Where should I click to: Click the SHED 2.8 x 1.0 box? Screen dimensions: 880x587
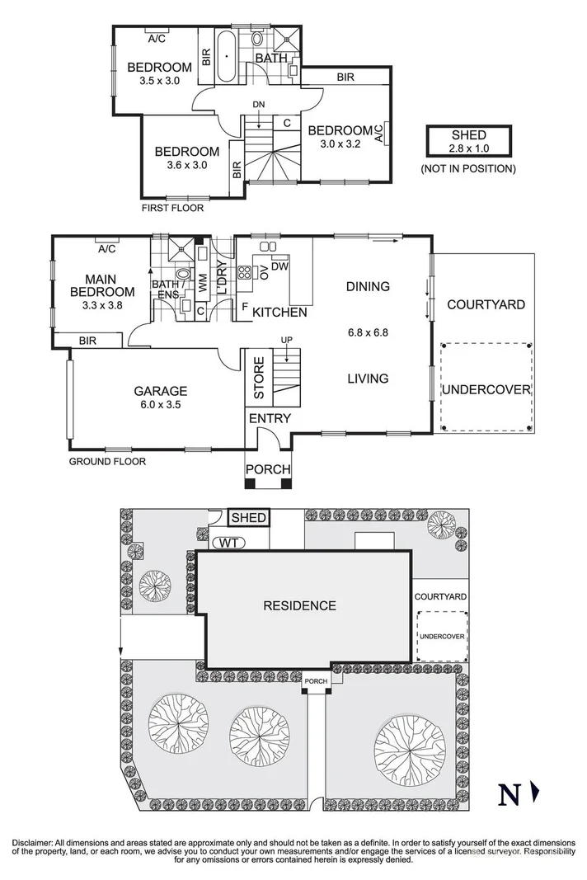[468, 141]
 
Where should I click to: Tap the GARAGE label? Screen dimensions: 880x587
[161, 392]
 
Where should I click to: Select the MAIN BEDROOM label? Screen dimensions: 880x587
[102, 285]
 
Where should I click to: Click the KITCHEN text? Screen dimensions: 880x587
[279, 313]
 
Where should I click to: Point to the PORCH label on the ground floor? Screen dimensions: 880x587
[269, 470]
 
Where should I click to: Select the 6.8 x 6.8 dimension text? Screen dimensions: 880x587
[368, 334]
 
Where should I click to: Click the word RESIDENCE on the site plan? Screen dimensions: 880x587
[299, 605]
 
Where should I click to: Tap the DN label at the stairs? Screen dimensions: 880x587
[258, 104]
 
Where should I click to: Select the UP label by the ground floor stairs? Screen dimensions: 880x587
[286, 340]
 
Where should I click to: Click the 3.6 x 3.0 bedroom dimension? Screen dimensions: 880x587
[186, 165]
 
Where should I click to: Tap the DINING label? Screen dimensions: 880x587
[367, 287]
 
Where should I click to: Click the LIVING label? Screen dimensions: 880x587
[367, 379]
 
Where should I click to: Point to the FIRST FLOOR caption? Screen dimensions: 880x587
[172, 209]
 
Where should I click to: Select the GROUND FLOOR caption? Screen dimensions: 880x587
[107, 462]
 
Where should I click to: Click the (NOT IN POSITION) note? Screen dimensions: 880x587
[468, 169]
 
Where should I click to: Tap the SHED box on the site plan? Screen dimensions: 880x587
[249, 518]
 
